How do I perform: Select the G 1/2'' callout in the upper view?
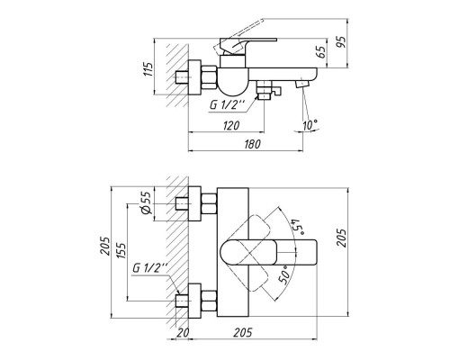coord(226,103)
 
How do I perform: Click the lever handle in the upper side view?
coord(243,41)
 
